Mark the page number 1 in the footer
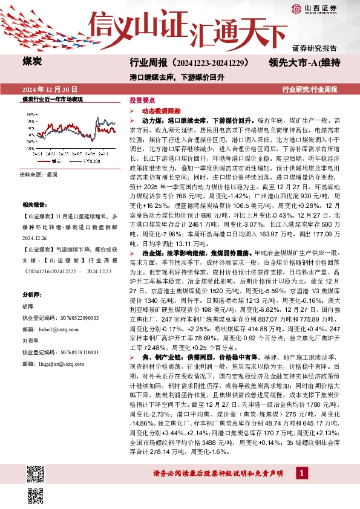coord(300,471)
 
